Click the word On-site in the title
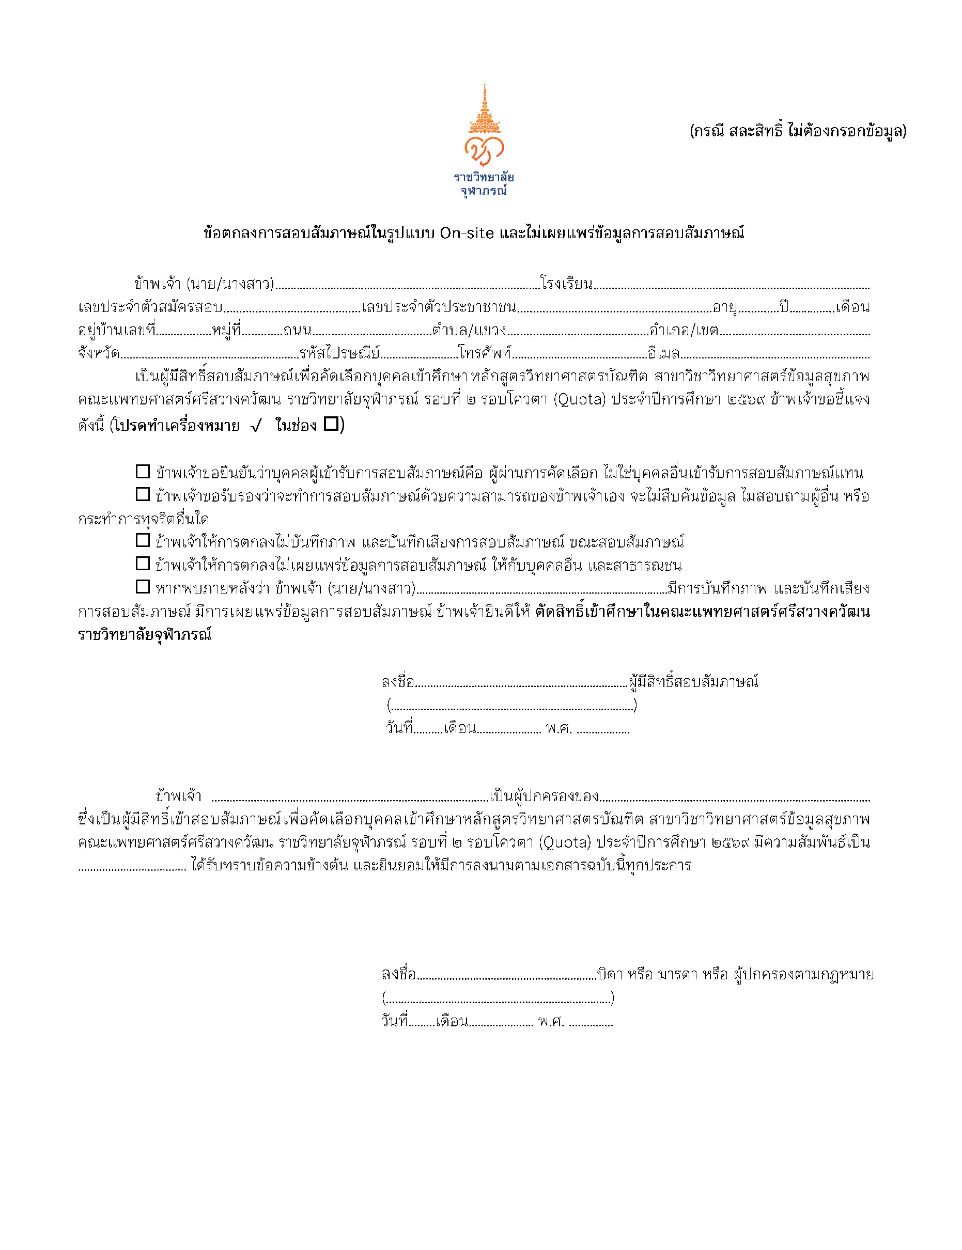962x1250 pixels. click(467, 233)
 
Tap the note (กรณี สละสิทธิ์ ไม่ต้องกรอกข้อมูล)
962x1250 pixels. click(798, 131)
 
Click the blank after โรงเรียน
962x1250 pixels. click(731, 285)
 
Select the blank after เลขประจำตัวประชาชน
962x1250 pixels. click(614, 309)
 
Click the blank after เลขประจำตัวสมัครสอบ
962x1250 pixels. click(292, 309)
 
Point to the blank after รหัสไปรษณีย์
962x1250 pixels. click(418, 355)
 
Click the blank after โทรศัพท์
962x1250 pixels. click(580, 355)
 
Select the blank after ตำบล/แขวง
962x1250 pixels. click(578, 332)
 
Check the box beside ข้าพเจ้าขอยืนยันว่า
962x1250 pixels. click(143, 472)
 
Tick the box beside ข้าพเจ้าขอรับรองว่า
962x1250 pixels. click(143, 494)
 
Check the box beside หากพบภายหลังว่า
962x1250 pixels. click(143, 587)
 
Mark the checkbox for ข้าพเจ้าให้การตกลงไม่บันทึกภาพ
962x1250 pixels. click(143, 540)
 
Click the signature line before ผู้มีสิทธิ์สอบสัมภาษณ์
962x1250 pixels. click(521, 683)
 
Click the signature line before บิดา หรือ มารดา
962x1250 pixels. click(506, 975)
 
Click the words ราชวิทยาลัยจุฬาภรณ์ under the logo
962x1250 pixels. click(484, 184)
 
